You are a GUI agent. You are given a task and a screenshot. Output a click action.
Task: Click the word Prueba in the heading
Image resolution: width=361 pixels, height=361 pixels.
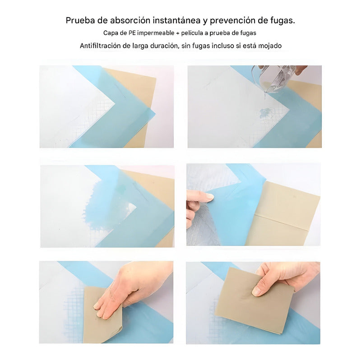point(80,21)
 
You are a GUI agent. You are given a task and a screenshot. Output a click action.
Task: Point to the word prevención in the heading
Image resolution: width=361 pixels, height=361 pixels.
point(234,21)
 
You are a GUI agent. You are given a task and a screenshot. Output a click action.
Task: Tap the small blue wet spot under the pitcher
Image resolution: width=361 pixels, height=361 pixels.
point(265,113)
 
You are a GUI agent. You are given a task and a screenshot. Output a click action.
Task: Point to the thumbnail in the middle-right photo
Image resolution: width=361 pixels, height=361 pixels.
point(209,197)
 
